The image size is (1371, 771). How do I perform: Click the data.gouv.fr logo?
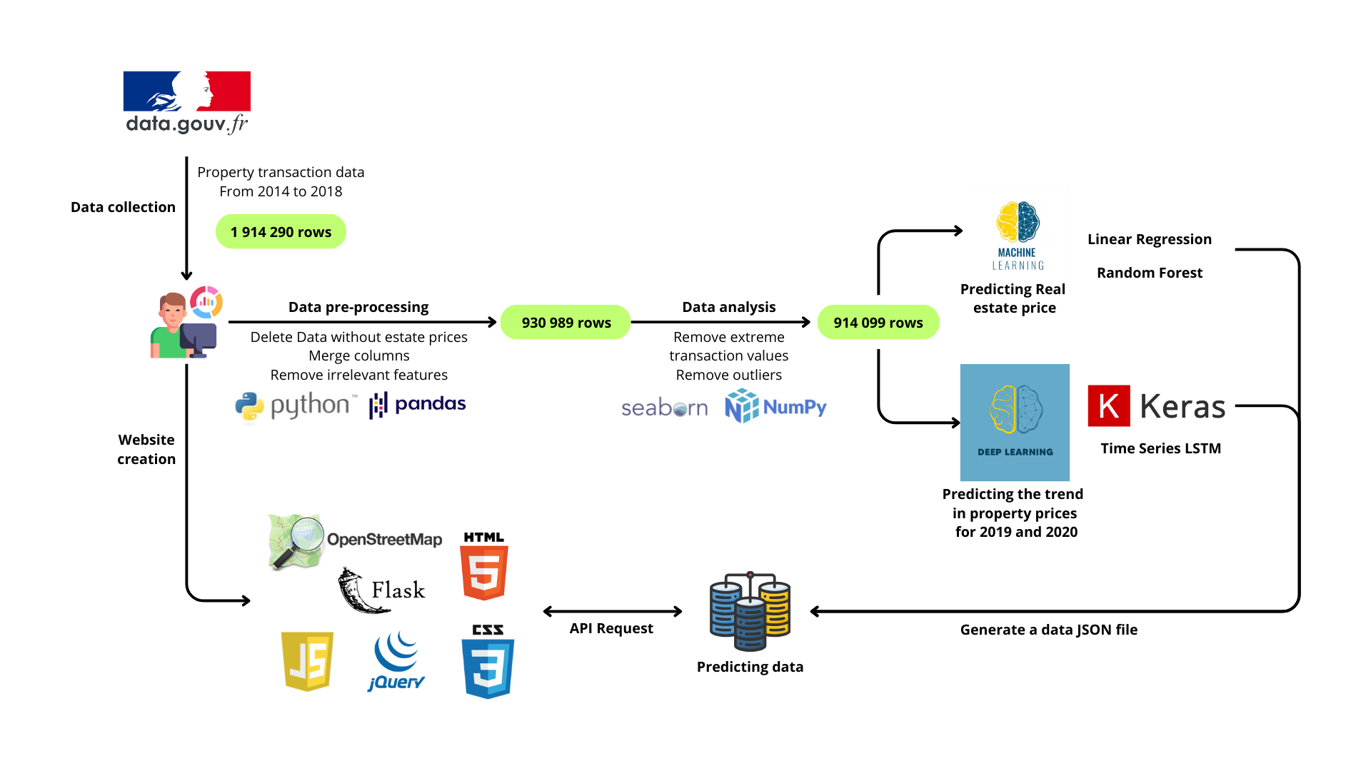click(187, 102)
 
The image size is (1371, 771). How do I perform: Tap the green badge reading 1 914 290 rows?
click(281, 232)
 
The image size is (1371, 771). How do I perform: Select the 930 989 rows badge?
click(566, 323)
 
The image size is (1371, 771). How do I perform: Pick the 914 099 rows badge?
click(878, 323)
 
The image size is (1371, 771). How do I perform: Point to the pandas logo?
click(418, 405)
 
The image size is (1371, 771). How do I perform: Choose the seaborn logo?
click(664, 408)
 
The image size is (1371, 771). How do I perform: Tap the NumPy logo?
click(775, 407)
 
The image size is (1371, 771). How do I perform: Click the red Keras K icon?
click(1108, 406)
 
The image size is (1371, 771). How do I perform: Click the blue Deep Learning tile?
click(1015, 423)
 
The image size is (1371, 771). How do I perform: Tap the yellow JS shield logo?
click(308, 661)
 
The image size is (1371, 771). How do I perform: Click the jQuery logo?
click(397, 661)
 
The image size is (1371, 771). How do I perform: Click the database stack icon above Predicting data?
click(750, 612)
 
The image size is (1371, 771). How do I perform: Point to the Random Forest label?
click(1149, 273)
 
